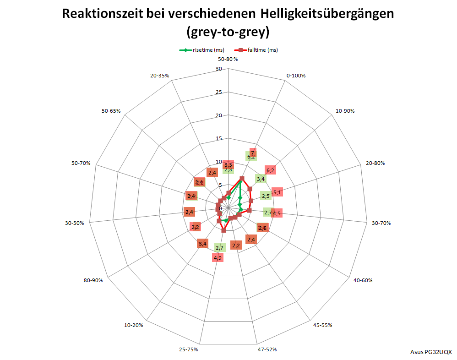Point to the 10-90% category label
pos(345,111)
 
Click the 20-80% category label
pos(375,163)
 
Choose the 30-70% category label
pos(381,223)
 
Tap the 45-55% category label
pos(323,325)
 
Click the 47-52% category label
pos(267,349)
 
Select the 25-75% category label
pos(188,349)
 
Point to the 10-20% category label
pos(133,325)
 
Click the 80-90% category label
pos(93,280)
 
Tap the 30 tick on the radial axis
pos(218,69)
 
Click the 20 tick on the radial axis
pos(218,115)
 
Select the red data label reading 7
pos(252,153)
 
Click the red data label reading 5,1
pos(277,192)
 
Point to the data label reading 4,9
pos(218,258)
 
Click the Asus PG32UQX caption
pos(431,352)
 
